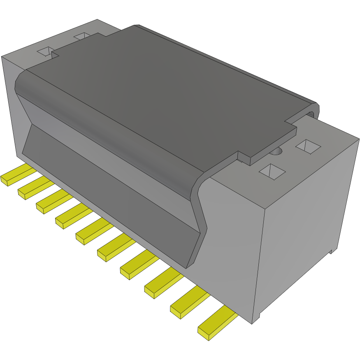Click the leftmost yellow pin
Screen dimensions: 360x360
pyautogui.click(x=16, y=174)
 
